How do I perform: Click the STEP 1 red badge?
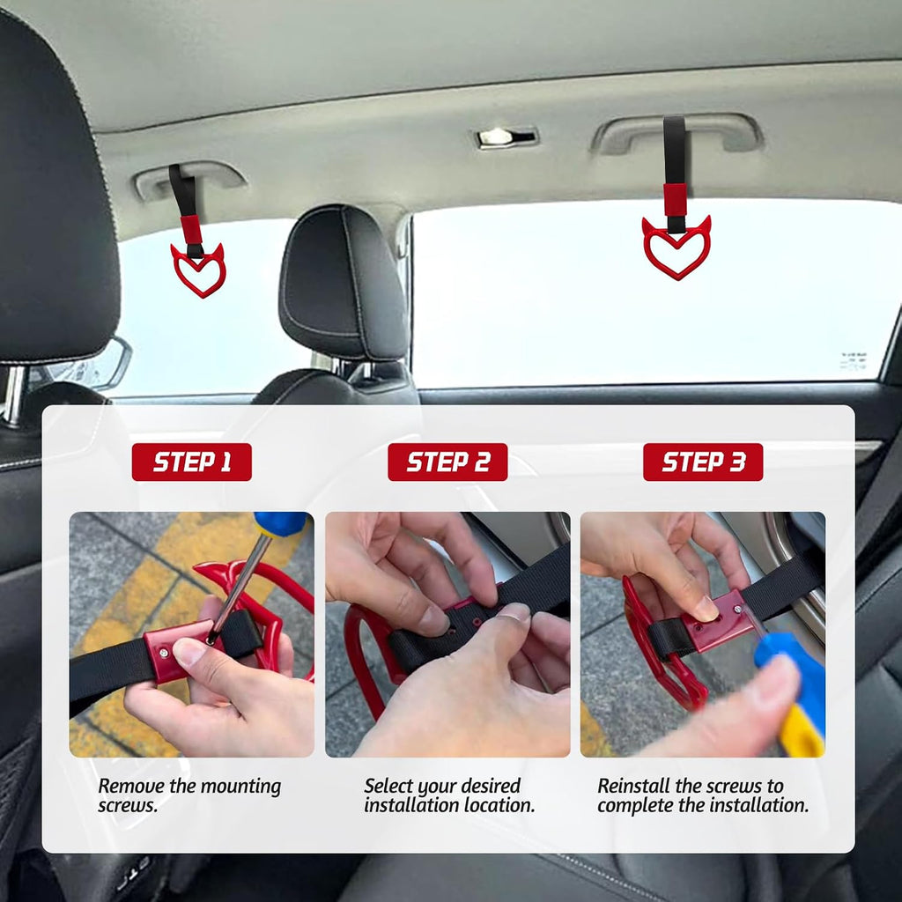191,462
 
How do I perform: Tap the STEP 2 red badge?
447,462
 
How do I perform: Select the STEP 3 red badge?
703,462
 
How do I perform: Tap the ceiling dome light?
506,137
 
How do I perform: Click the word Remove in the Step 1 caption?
131,786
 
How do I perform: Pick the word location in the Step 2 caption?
499,805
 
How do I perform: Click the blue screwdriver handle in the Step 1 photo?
281,523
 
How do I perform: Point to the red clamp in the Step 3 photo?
719,620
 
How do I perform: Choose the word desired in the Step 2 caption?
492,786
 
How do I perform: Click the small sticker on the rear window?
853,361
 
